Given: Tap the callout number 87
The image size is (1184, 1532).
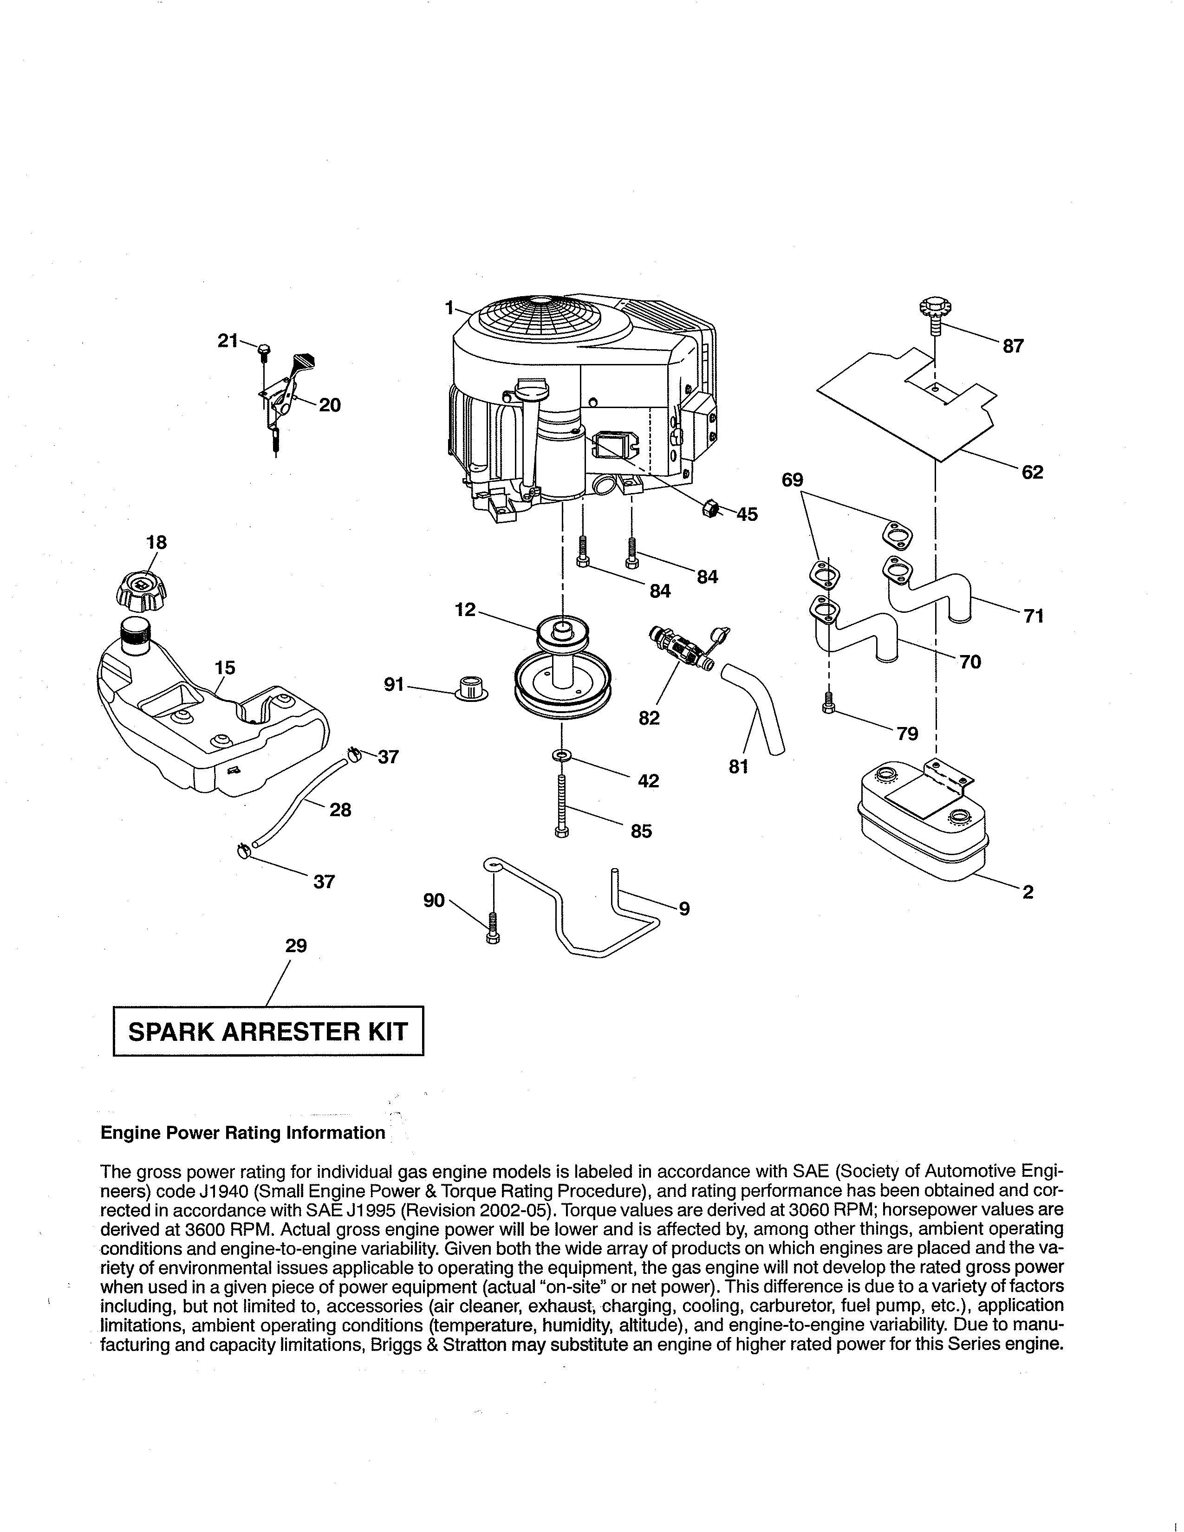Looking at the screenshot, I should point(1013,346).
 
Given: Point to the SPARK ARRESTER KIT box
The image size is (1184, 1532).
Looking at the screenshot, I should point(268,1031).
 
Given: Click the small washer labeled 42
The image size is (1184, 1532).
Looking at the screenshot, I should point(562,755).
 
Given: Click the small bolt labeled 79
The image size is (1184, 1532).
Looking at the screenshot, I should point(828,702).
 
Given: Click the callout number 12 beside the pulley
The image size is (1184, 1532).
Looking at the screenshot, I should point(465,610).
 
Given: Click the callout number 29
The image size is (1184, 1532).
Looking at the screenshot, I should point(296,946).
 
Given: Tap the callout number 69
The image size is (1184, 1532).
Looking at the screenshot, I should point(793,480).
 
